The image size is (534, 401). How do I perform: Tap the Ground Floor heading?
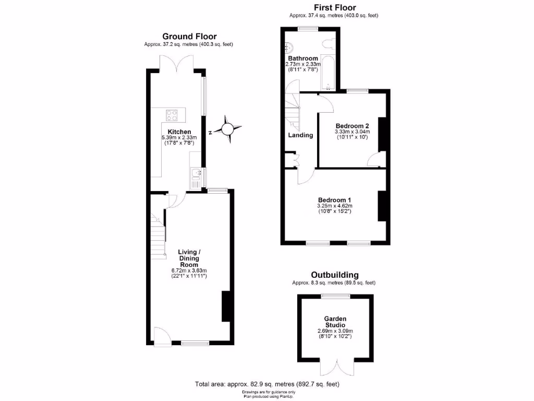[x=188, y=36]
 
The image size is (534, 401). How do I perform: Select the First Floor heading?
[x=334, y=7]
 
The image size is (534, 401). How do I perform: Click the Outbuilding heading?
[x=334, y=275]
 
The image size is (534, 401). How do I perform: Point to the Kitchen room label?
[x=179, y=132]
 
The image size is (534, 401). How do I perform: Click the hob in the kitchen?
[x=173, y=114]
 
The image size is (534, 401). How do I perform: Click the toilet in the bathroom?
[x=327, y=43]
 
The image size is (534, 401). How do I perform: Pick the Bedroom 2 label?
[x=352, y=126]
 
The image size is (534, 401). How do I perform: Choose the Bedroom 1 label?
[x=334, y=200]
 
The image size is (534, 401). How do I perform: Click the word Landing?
[x=301, y=135]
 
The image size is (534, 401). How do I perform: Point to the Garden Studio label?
[x=335, y=322]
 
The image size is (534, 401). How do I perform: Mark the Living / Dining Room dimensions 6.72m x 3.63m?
[x=189, y=270]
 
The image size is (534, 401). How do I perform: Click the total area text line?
[x=267, y=384]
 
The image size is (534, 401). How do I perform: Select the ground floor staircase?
[x=159, y=238]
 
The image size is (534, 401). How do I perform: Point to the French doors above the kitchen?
[x=177, y=63]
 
